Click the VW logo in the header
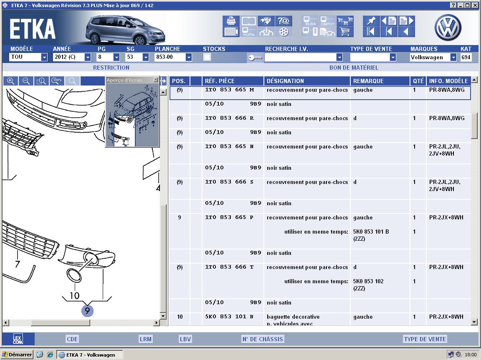448,27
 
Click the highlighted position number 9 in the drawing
87,311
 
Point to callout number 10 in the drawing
75,295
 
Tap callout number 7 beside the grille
18,264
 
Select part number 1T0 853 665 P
229,217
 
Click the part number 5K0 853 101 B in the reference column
229,317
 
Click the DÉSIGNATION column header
285,81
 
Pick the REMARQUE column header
368,81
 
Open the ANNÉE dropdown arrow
87,57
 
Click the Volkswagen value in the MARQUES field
427,57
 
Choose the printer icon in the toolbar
231,21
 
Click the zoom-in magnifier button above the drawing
11,81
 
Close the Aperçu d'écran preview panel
155,80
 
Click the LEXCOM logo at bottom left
18,339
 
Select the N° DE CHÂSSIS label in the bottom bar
263,339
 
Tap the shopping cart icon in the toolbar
345,32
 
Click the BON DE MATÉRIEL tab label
354,68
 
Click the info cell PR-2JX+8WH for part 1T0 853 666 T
446,267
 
